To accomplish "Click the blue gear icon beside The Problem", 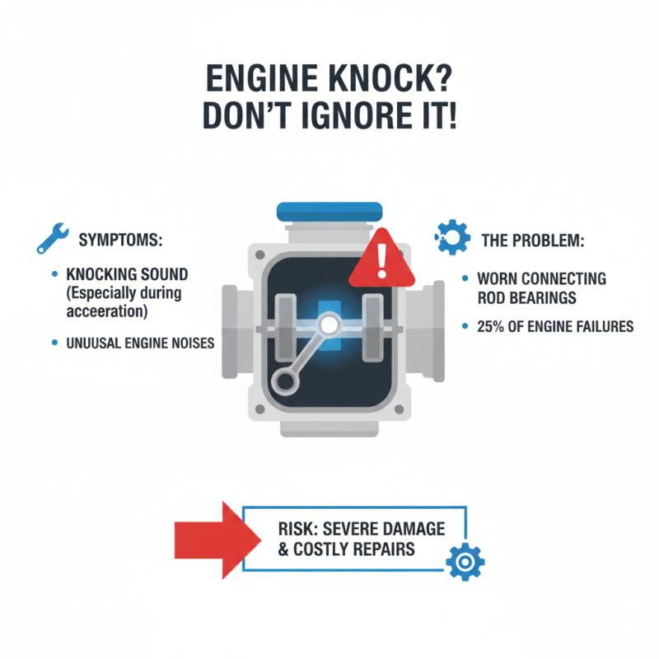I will pyautogui.click(x=447, y=236).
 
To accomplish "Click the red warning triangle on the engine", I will pyautogui.click(x=380, y=260).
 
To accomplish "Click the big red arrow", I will pyautogui.click(x=207, y=540).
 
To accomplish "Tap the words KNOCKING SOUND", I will pyautogui.click(x=126, y=274).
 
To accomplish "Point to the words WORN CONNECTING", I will pyautogui.click(x=541, y=279).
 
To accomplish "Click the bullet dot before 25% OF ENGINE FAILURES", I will pyautogui.click(x=466, y=327).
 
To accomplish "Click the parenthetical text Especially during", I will pyautogui.click(x=126, y=292).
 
